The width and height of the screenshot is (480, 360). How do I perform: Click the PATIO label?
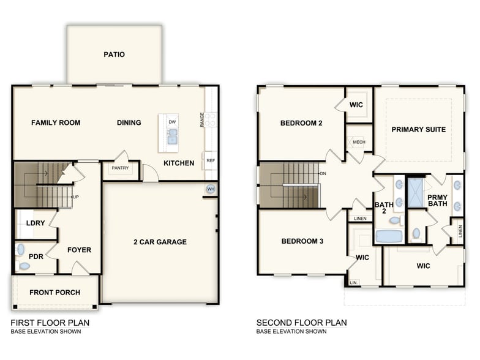pyautogui.click(x=114, y=54)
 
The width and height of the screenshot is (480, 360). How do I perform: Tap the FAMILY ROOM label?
pyautogui.click(x=56, y=122)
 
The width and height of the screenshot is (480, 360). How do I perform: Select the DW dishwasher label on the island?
pyautogui.click(x=173, y=122)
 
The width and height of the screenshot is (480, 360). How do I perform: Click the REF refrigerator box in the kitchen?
pyautogui.click(x=211, y=160)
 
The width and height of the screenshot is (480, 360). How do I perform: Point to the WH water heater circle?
pyautogui.click(x=211, y=189)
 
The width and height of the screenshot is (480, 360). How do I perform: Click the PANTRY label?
pyautogui.click(x=120, y=168)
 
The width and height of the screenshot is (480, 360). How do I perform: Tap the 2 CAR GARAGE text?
pyautogui.click(x=160, y=242)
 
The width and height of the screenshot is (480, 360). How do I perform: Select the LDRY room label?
pyautogui.click(x=36, y=223)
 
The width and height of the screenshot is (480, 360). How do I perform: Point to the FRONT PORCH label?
pyautogui.click(x=54, y=293)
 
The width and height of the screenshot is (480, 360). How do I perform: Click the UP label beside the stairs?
pyautogui.click(x=76, y=197)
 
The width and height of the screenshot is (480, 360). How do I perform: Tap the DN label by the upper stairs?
pyautogui.click(x=323, y=173)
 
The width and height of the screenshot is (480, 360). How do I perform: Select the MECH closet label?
pyautogui.click(x=359, y=142)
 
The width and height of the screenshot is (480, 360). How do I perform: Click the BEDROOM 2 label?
pyautogui.click(x=301, y=123)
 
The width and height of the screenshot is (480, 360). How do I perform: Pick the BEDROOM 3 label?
pyautogui.click(x=302, y=241)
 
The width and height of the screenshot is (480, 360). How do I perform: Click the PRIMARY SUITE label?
pyautogui.click(x=419, y=129)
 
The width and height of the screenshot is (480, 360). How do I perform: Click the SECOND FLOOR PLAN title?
pyautogui.click(x=301, y=322)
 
